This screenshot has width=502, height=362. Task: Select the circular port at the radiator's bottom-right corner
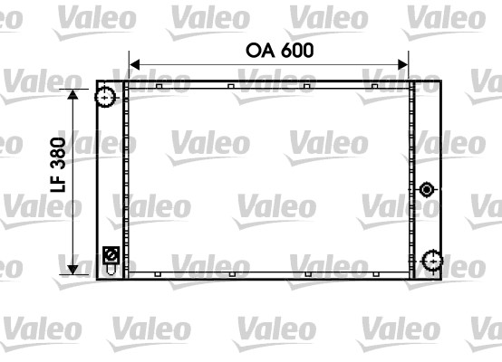coord(431,262)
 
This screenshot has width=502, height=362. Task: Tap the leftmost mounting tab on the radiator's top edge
coord(159,87)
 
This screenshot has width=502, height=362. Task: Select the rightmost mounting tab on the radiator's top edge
coord(373,87)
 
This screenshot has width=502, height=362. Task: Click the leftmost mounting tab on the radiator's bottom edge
coord(159,273)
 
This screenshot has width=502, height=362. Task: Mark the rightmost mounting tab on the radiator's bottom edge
coord(373,273)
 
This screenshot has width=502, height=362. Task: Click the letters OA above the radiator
coord(258,51)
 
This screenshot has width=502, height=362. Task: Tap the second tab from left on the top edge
coord(231,87)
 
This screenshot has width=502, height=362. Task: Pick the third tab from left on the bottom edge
coord(308,273)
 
